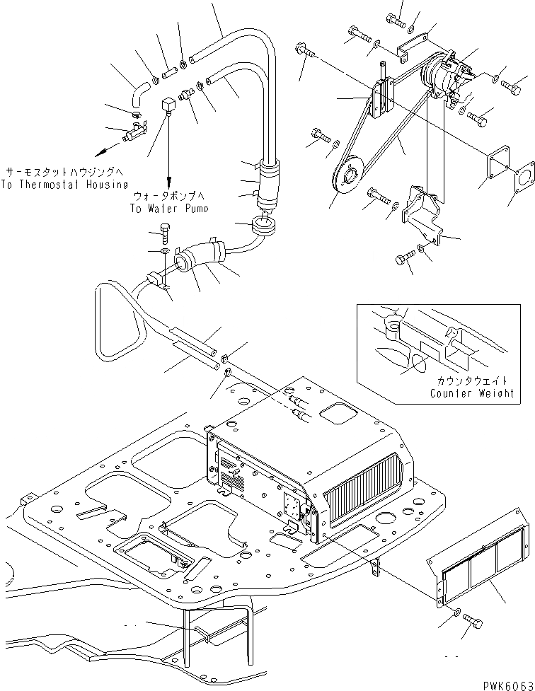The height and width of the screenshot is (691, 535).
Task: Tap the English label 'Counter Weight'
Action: [x=472, y=393]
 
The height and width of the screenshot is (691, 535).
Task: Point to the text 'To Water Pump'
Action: [x=170, y=209]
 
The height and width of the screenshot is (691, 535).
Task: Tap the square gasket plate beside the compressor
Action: [x=491, y=165]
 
